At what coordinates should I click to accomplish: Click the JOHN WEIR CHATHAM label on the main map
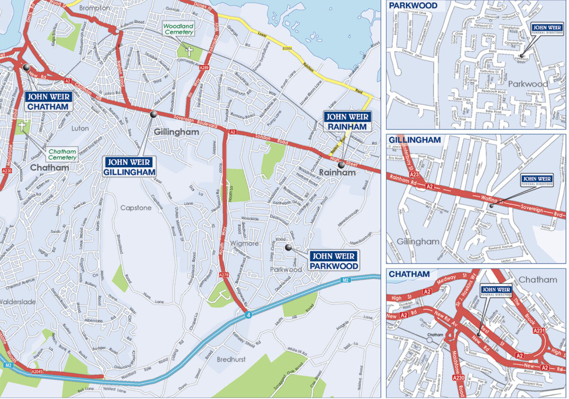(x=48, y=101)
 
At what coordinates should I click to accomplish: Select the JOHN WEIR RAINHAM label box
(x=346, y=122)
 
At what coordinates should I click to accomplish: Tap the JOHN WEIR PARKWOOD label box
(x=334, y=261)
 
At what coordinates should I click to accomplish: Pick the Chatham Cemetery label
(x=62, y=154)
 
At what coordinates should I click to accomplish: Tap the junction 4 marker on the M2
(x=247, y=314)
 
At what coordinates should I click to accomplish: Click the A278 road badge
(x=225, y=275)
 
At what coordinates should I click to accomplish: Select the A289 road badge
(x=204, y=68)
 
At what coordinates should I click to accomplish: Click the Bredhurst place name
(x=231, y=360)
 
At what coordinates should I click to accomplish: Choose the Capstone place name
(x=136, y=208)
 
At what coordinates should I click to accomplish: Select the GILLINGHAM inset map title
(x=414, y=140)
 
